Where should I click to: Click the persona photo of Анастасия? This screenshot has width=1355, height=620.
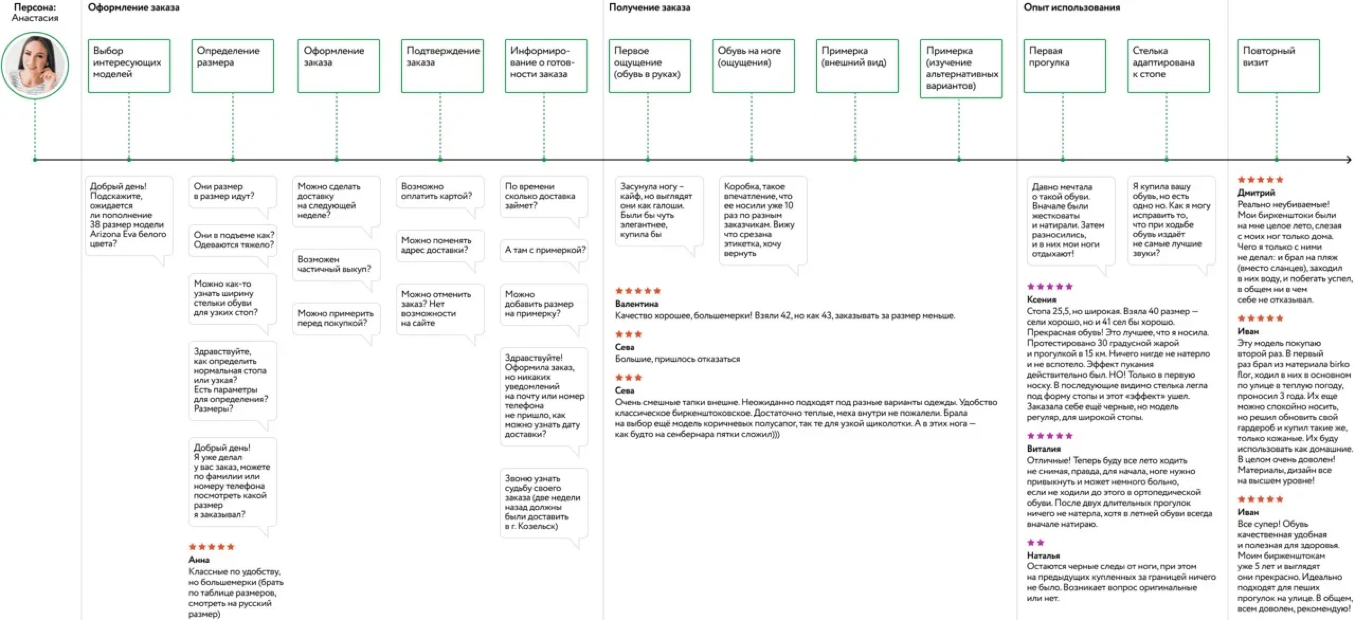click(35, 66)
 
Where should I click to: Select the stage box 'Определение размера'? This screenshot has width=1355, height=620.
click(233, 66)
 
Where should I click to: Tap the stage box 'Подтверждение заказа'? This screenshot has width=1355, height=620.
click(442, 66)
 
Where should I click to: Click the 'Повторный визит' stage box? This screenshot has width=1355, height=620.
click(1278, 66)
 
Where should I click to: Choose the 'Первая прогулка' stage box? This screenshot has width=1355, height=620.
click(1064, 66)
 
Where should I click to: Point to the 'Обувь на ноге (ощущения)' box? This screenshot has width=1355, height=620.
click(753, 66)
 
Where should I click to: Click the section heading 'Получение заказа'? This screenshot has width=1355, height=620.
click(649, 7)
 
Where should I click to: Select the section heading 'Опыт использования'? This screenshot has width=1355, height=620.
click(1071, 7)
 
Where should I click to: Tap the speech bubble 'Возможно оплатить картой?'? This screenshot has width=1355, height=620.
click(439, 192)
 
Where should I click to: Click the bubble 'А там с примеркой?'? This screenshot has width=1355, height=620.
click(545, 250)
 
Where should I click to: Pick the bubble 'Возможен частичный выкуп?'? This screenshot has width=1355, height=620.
click(336, 265)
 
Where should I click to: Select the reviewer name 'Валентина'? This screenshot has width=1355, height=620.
click(636, 304)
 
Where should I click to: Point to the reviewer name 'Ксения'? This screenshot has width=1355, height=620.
click(1041, 299)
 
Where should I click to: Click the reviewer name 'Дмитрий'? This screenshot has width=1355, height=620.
click(1256, 193)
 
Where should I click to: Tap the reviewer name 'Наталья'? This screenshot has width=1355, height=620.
click(1043, 555)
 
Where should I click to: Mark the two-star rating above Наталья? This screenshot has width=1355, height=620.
click(1035, 543)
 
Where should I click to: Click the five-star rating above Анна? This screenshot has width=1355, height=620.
click(211, 547)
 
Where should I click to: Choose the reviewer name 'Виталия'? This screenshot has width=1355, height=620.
click(1044, 449)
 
